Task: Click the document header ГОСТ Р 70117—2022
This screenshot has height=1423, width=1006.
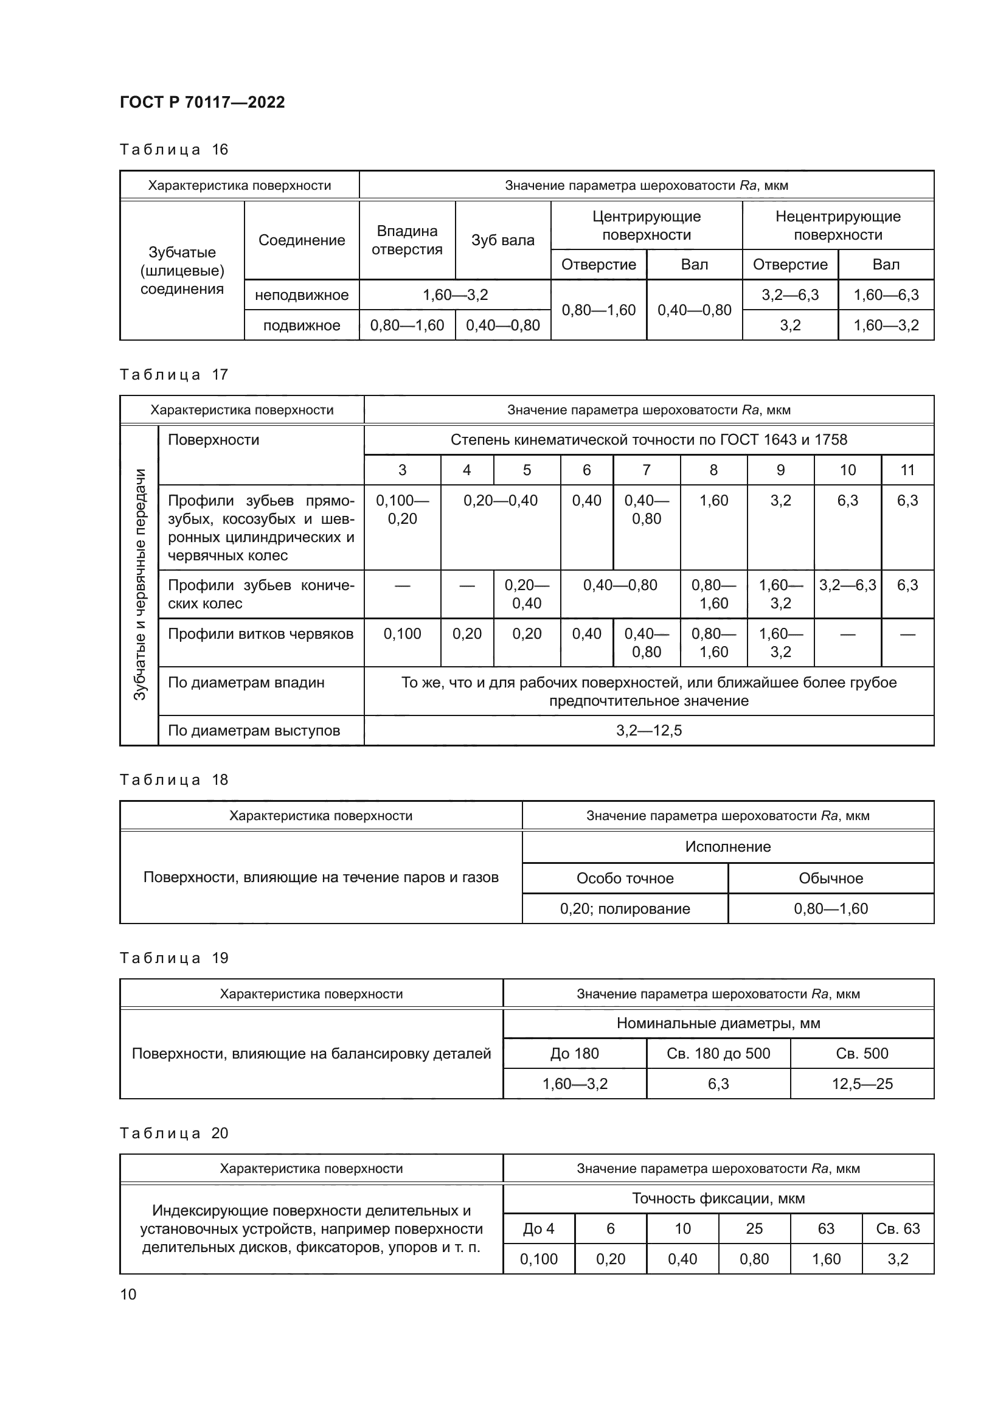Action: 202,102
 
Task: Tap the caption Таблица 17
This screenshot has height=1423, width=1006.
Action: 173,374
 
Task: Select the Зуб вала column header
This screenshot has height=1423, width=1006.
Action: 502,240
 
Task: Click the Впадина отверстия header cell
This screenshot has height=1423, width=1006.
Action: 407,240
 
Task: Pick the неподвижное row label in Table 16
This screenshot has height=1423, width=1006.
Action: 302,295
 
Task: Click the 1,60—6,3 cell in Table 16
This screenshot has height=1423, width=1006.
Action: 886,295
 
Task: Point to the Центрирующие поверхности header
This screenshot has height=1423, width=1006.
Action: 646,226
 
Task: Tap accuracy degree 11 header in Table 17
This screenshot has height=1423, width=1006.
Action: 907,470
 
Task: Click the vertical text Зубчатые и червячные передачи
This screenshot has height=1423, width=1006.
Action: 140,585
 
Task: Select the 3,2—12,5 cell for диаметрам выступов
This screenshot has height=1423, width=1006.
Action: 648,730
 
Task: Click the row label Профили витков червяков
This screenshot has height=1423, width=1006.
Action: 261,634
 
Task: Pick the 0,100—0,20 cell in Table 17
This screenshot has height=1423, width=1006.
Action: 402,509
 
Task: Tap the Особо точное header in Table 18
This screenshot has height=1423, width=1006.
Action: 625,879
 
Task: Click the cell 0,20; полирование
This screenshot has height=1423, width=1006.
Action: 625,908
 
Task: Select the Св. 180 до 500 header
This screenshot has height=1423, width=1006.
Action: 718,1053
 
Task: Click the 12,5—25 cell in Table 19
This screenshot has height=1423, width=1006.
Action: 862,1084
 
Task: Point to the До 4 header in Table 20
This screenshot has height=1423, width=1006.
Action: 538,1228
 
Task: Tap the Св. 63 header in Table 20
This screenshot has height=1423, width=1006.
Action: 898,1228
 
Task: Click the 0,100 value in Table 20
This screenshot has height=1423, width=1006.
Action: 538,1259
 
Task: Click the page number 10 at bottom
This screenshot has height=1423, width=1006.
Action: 128,1294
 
